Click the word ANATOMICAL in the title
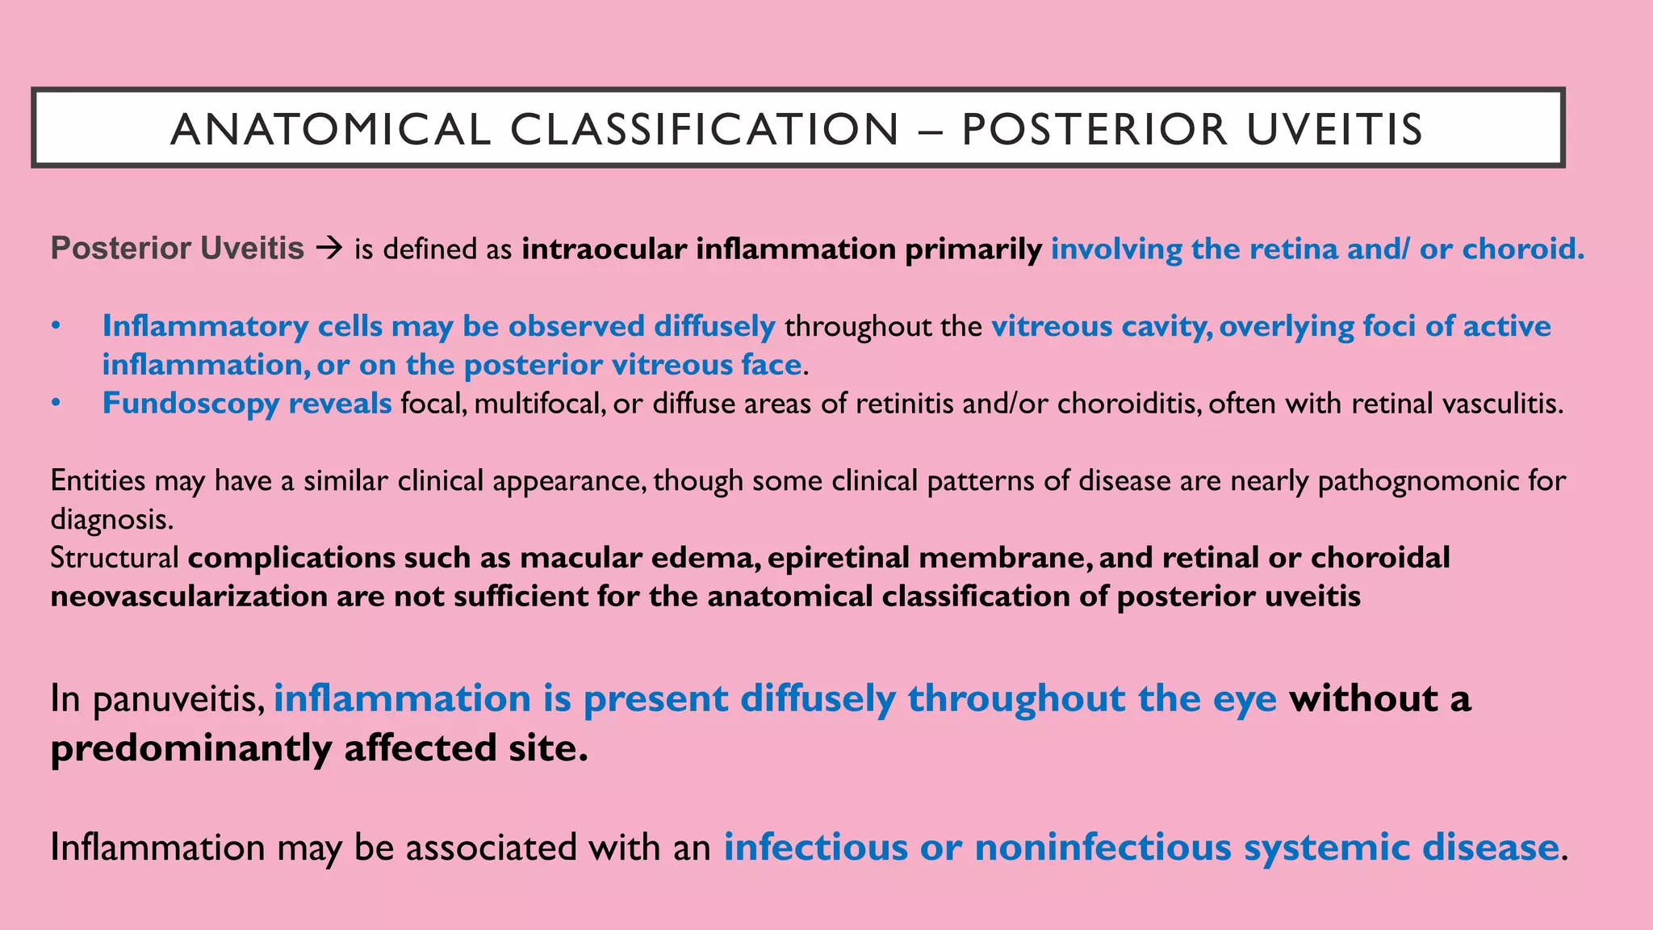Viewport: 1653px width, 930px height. (330, 129)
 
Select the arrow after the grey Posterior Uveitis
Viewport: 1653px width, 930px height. (329, 249)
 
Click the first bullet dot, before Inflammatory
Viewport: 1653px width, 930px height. (56, 326)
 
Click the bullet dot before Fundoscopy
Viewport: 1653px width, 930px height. (56, 403)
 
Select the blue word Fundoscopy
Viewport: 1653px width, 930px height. (190, 403)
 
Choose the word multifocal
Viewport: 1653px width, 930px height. (539, 403)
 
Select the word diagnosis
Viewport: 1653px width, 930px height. (111, 519)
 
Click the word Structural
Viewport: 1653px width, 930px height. (115, 557)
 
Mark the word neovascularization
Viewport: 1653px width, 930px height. (188, 596)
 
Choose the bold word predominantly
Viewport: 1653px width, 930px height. (190, 748)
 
